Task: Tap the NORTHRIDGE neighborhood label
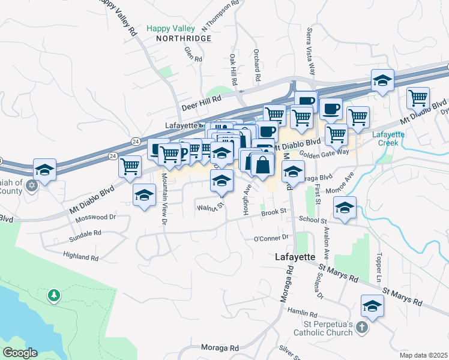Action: (x=184, y=38)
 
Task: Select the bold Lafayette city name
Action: (x=295, y=256)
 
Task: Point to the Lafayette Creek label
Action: (x=388, y=138)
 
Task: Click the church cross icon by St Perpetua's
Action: (x=361, y=327)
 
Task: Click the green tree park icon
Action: (x=54, y=295)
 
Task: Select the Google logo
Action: (x=20, y=352)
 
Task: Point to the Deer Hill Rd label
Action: (x=202, y=103)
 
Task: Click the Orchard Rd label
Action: (x=256, y=65)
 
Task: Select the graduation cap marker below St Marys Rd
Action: (x=372, y=306)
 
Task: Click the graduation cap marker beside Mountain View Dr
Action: (x=144, y=196)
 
